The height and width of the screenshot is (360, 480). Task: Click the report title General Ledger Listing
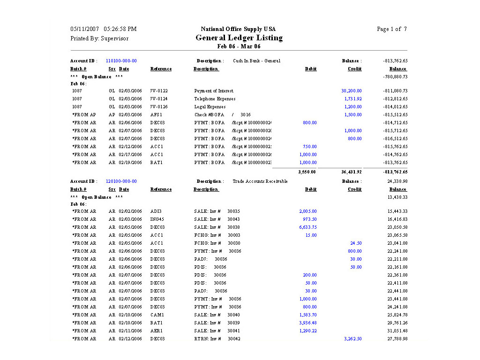pyautogui.click(x=239, y=38)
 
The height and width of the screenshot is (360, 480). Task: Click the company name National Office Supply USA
pyautogui.click(x=238, y=29)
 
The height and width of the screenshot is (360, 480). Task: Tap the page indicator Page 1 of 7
pyautogui.click(x=391, y=29)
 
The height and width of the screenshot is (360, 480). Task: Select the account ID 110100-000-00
pyautogui.click(x=121, y=61)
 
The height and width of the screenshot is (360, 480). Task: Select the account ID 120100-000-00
pyautogui.click(x=121, y=181)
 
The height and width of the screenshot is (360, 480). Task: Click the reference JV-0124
pyautogui.click(x=159, y=99)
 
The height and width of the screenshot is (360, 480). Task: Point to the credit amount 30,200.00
pyautogui.click(x=351, y=91)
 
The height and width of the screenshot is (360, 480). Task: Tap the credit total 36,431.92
pyautogui.click(x=352, y=172)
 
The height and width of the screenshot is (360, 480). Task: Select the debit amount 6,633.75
pyautogui.click(x=308, y=227)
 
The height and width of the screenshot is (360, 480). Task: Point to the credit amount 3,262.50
pyautogui.click(x=352, y=339)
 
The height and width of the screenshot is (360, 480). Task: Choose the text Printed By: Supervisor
pyautogui.click(x=99, y=38)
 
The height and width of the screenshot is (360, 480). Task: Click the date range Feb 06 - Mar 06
pyautogui.click(x=239, y=46)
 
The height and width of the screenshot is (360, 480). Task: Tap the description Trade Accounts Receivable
pyautogui.click(x=260, y=181)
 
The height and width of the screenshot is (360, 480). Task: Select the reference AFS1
pyautogui.click(x=156, y=115)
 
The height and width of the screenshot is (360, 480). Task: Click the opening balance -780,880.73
pyautogui.click(x=395, y=77)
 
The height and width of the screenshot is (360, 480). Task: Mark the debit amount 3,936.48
pyautogui.click(x=308, y=323)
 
